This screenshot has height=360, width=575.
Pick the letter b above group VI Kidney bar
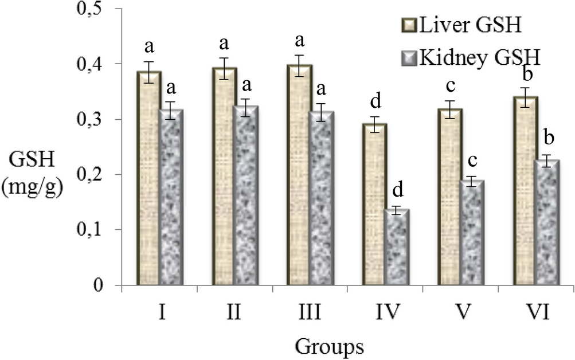pyautogui.click(x=548, y=139)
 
